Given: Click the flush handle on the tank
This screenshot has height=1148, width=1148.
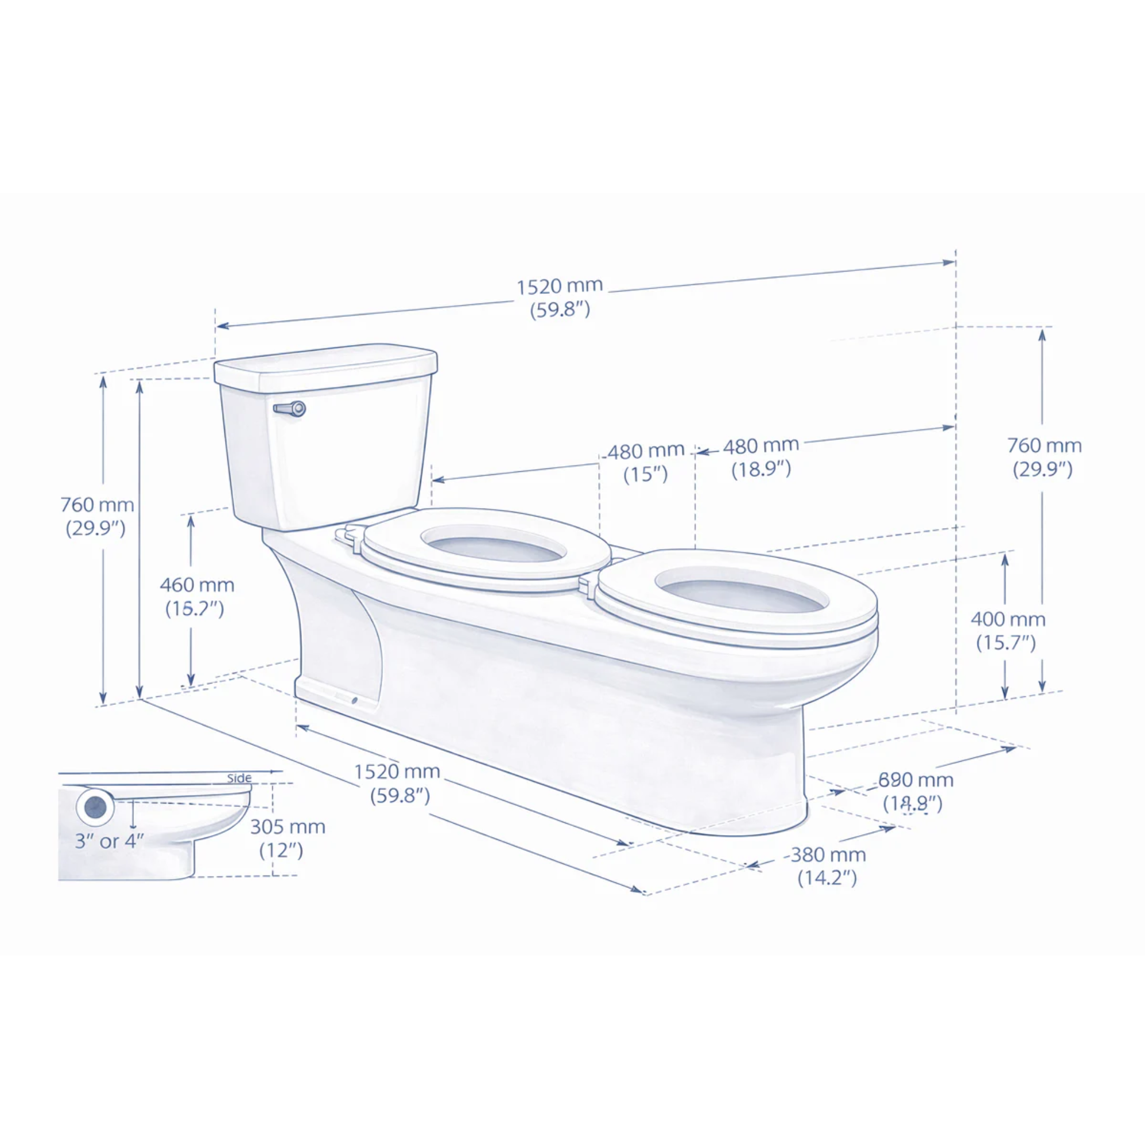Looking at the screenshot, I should pyautogui.click(x=290, y=409).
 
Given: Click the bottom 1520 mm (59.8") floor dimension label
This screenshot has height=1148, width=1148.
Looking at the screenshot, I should pyautogui.click(x=398, y=782).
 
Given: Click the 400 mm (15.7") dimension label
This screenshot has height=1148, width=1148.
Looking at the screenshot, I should pyautogui.click(x=1008, y=630).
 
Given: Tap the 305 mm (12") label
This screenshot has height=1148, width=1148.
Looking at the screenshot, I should pyautogui.click(x=287, y=838).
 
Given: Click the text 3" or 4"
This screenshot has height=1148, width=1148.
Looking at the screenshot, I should pyautogui.click(x=109, y=841).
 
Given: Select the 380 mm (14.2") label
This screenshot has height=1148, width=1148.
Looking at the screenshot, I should pyautogui.click(x=827, y=866).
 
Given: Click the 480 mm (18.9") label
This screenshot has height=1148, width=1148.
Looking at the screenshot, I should pyautogui.click(x=761, y=457).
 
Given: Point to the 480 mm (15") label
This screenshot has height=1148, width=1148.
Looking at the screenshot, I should pyautogui.click(x=645, y=462).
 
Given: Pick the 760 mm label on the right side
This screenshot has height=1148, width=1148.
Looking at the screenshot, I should pyautogui.click(x=1044, y=457).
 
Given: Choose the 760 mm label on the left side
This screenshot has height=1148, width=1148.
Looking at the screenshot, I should pyautogui.click(x=97, y=516).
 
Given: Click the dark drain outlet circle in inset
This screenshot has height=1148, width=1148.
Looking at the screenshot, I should pyautogui.click(x=95, y=806).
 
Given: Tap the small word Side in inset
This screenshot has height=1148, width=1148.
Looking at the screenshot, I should pyautogui.click(x=239, y=778).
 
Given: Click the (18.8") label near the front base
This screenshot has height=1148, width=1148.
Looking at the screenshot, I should pyautogui.click(x=912, y=804).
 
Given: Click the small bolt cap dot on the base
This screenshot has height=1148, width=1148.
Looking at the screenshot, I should pyautogui.click(x=355, y=699).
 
